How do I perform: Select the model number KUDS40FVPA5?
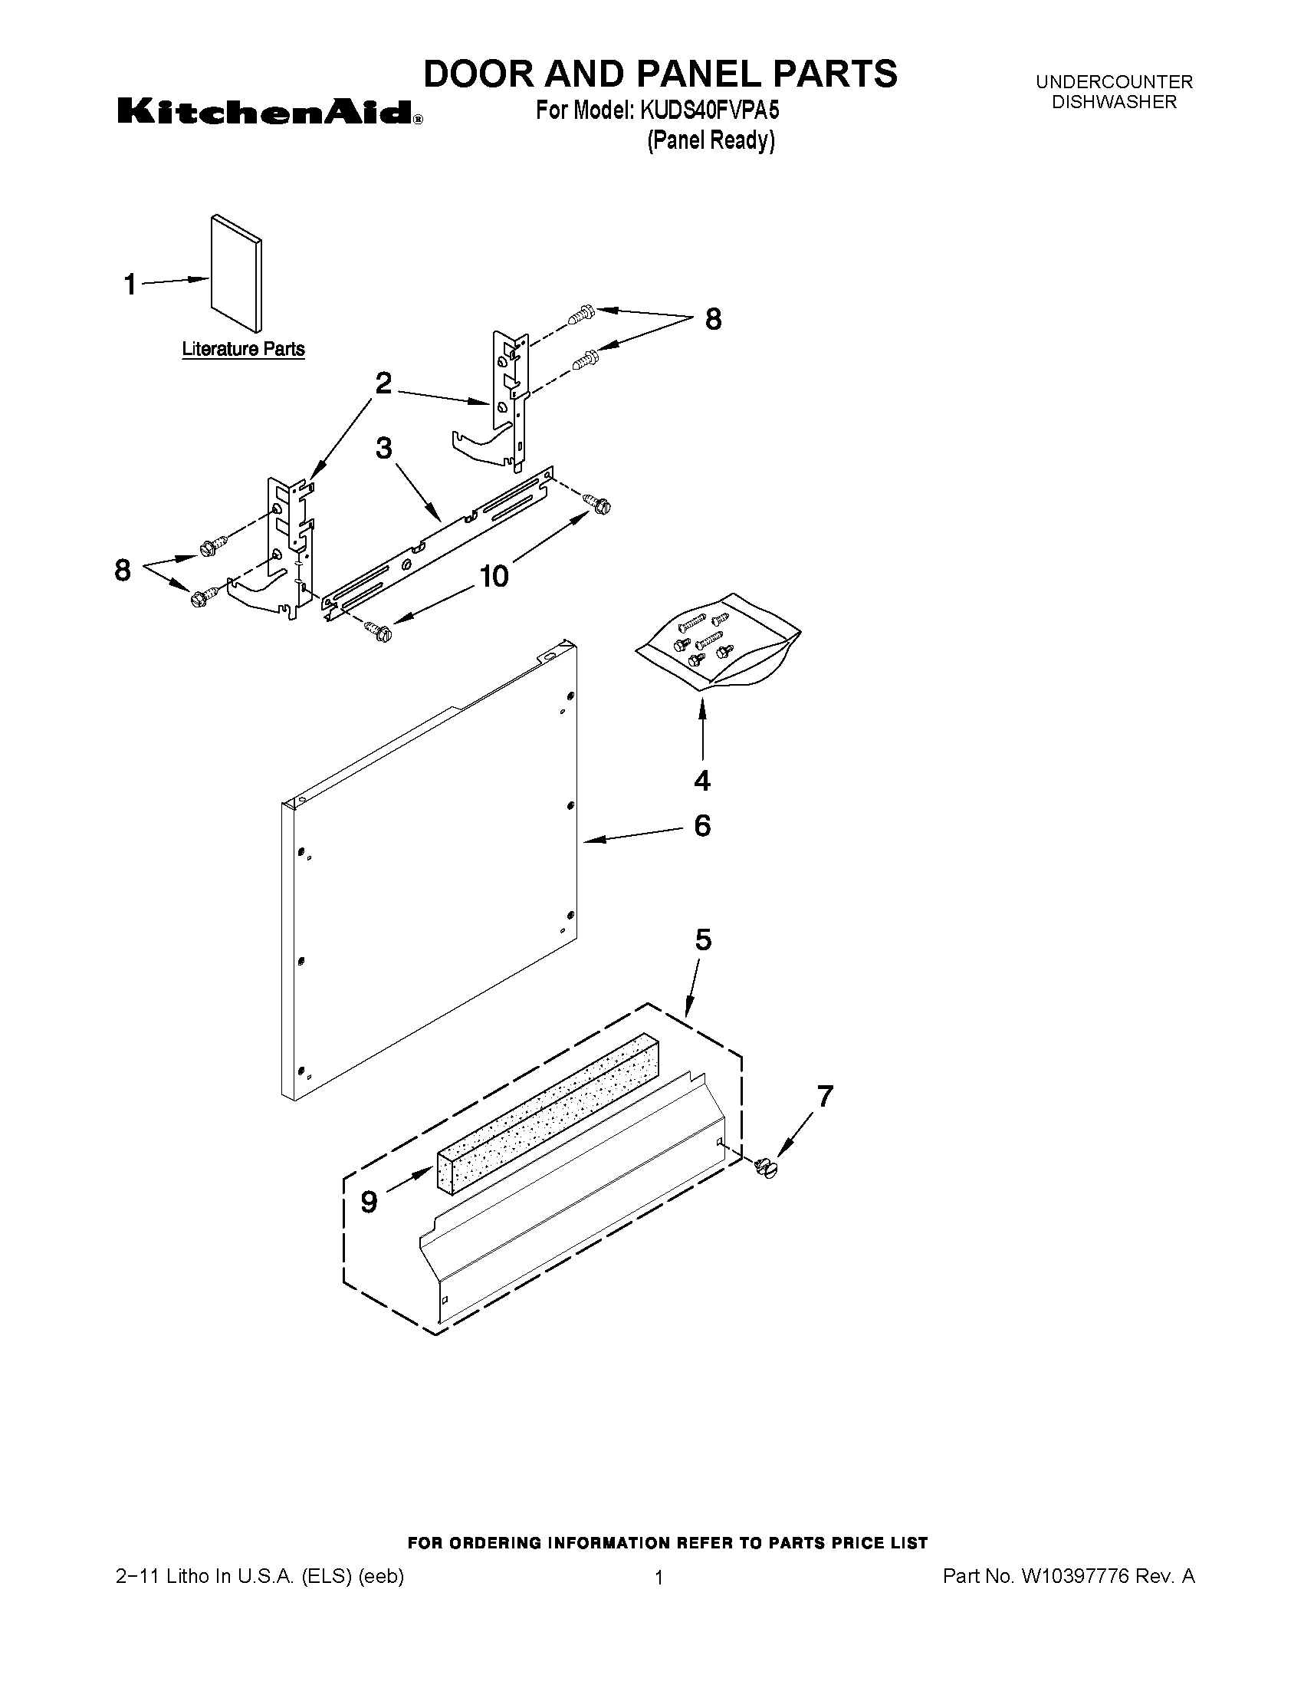click(x=709, y=111)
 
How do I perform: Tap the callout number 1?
click(x=130, y=285)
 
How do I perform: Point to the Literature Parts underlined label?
click(x=243, y=350)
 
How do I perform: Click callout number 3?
click(x=384, y=449)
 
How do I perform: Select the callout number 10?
click(x=494, y=576)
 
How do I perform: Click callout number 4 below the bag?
click(x=702, y=781)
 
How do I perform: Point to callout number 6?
click(x=702, y=825)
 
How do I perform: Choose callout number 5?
click(x=703, y=939)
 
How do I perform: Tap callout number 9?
click(x=370, y=1202)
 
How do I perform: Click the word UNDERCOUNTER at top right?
click(x=1114, y=82)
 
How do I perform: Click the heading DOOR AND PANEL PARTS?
click(x=661, y=74)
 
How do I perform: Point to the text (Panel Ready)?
click(x=710, y=140)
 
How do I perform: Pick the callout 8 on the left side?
click(x=123, y=571)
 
